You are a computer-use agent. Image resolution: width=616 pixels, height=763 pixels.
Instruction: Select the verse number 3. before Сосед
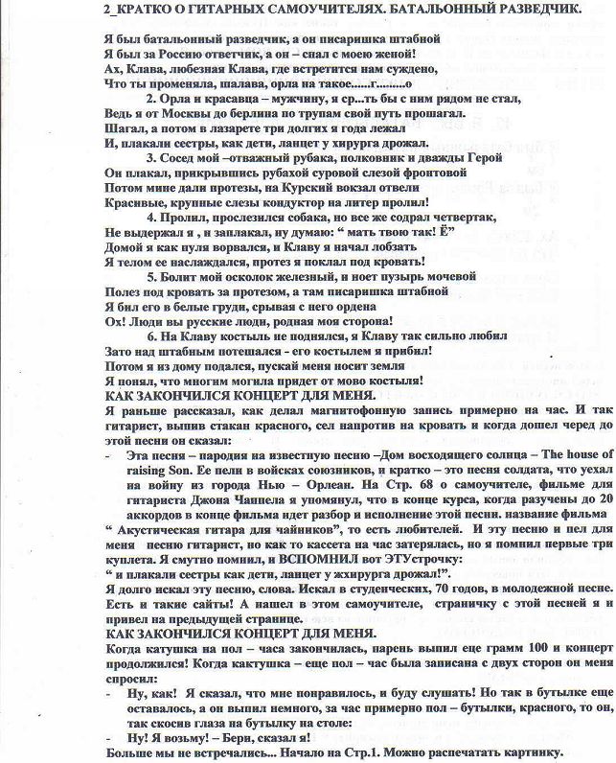(x=150, y=158)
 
